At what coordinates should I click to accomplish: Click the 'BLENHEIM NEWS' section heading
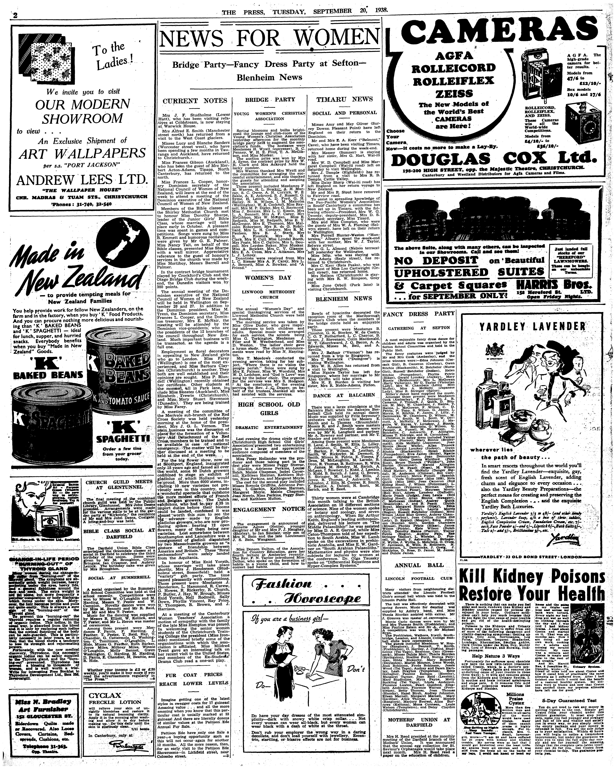click(344, 299)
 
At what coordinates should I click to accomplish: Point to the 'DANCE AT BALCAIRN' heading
click(344, 395)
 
